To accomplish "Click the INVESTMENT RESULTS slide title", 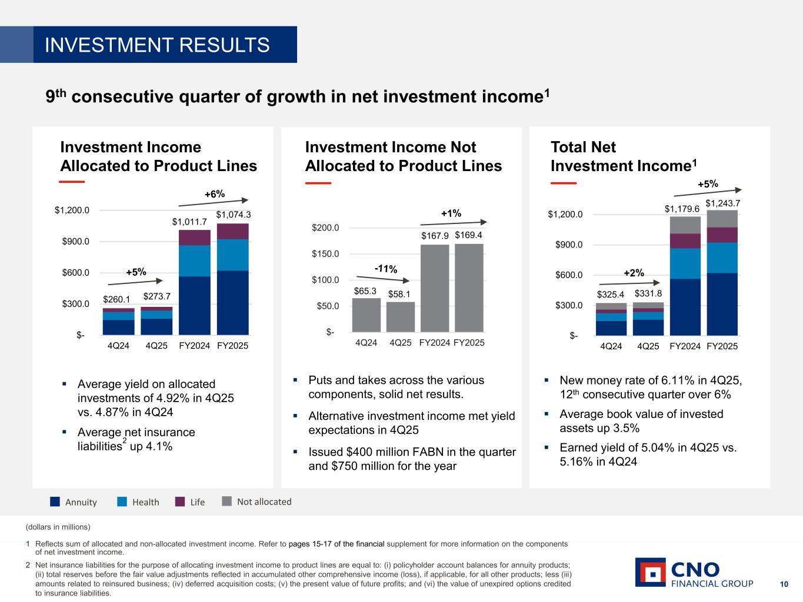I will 158,45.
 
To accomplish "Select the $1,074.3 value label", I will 233,215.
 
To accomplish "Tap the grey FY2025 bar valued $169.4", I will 469,288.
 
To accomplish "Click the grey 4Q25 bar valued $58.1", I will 401,317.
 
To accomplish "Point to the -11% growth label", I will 386,269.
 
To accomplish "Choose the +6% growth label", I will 215,194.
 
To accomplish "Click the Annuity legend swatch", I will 55,501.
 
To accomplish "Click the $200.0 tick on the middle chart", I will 325,228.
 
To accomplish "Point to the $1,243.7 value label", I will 722,203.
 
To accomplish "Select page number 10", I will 784,584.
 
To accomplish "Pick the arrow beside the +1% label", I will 453,223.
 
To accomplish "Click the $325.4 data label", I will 611,294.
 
